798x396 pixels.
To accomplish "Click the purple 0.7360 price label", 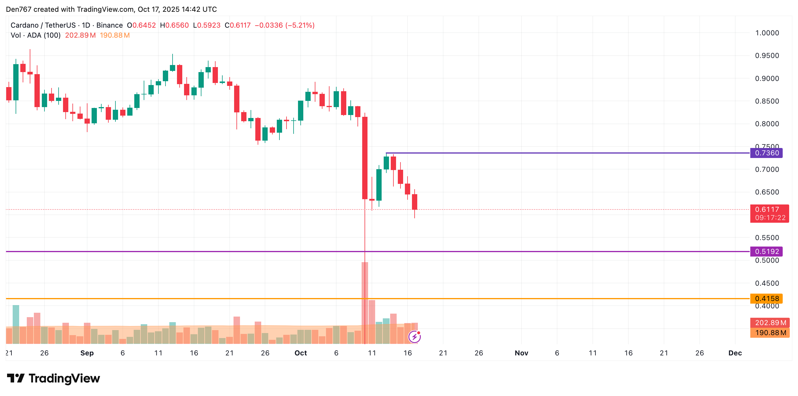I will click(766, 153).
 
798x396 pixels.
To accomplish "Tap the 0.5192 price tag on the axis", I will click(766, 252).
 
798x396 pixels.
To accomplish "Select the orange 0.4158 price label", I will click(766, 298).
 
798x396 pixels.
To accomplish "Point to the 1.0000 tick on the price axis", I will click(767, 33).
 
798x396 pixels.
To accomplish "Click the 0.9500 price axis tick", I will click(767, 56).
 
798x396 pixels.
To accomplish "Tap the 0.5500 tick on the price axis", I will click(767, 238).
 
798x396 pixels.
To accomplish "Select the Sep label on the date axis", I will click(87, 353).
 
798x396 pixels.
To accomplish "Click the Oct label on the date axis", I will click(300, 353).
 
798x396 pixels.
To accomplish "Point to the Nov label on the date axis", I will click(521, 353).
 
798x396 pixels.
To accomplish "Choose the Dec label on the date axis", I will click(735, 353).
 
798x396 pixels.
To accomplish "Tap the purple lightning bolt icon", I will click(415, 337).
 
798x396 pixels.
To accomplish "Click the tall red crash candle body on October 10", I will click(365, 158).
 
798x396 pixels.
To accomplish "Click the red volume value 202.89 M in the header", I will click(80, 35).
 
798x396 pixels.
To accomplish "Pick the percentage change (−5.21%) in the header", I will click(299, 25).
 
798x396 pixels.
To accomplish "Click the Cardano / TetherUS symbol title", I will click(43, 25).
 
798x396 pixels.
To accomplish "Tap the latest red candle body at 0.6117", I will click(415, 202).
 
